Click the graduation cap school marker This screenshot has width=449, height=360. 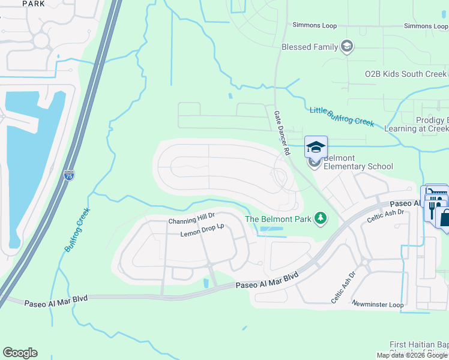coord(316,146)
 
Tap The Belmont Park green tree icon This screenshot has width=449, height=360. coord(321,218)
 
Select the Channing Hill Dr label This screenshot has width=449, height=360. coord(191,221)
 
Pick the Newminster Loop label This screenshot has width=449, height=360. coord(378,305)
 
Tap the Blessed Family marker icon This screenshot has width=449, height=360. coord(346,46)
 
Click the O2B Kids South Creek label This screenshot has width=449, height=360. coord(406,74)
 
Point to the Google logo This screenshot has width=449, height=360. coord(20,353)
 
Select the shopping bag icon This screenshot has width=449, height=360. coord(445,217)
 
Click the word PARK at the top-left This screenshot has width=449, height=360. coord(33,4)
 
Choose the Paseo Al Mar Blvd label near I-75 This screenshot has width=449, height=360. coord(52,304)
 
